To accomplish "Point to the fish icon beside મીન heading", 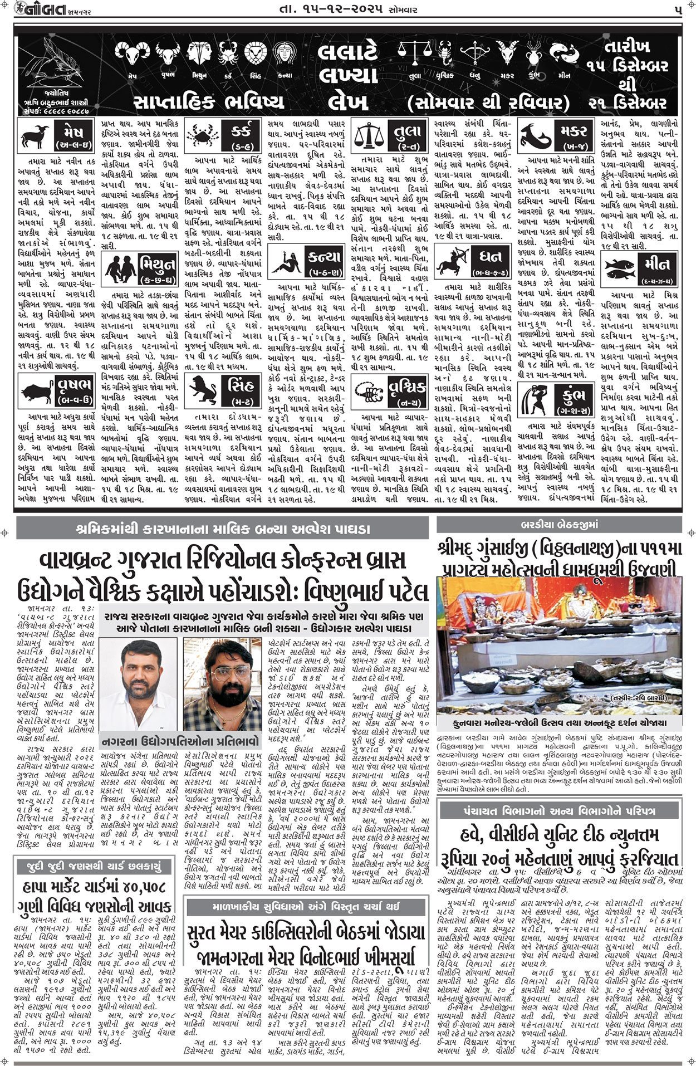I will (620, 267).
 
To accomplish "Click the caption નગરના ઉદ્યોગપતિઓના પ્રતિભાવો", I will (180, 741).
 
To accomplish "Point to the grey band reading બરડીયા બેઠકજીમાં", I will (558, 524).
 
